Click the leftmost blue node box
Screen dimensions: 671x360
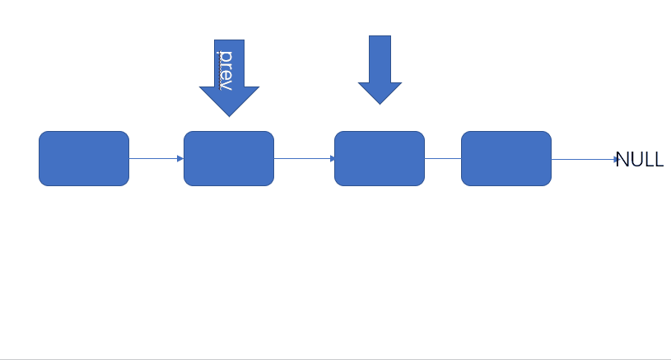84,158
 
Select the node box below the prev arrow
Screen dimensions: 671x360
229,158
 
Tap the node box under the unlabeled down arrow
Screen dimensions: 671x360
380,158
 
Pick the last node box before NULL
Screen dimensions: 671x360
506,158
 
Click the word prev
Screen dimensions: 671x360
226,70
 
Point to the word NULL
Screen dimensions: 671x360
640,160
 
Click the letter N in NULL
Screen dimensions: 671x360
622,160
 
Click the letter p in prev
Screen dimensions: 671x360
226,56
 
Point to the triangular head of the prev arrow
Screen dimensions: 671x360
230,101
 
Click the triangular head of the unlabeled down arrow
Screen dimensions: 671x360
380,93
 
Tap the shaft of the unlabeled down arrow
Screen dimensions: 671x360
380,59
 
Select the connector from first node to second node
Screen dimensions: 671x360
156,158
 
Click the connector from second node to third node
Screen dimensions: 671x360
305,158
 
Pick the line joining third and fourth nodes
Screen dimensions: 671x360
443,158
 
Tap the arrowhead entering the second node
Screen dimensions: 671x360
180,158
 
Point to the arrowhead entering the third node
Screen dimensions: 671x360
333,158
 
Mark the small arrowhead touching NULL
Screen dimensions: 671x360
617,159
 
